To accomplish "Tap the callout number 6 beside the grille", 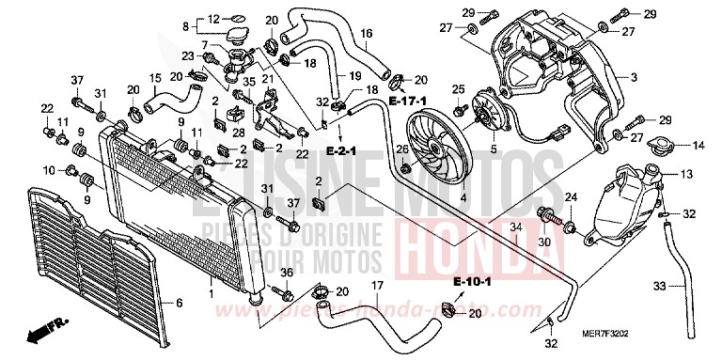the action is (178, 304).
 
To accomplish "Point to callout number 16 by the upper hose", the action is (367, 34).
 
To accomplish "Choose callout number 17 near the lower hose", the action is (376, 286).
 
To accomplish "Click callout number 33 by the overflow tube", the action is (661, 286).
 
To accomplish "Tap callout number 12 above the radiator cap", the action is (213, 18).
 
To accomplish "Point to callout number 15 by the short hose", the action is (154, 77).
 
